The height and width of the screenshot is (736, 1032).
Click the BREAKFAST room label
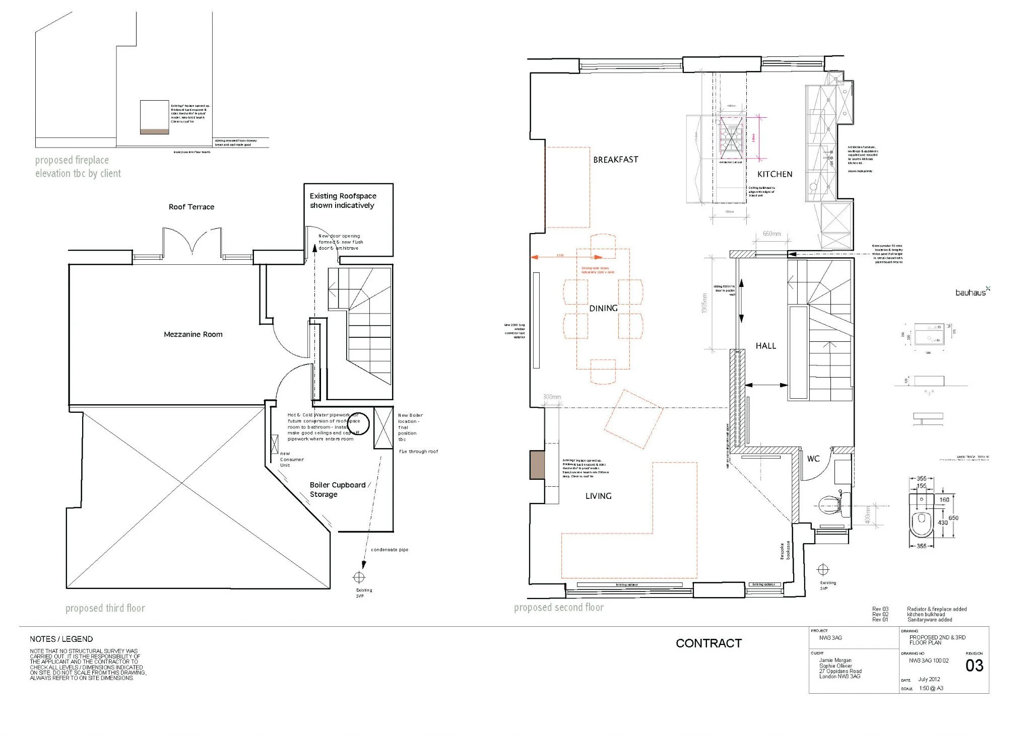(x=615, y=160)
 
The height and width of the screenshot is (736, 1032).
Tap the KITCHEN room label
(x=775, y=174)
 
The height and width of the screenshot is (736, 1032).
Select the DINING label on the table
(x=603, y=308)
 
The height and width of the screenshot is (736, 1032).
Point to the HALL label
(x=765, y=346)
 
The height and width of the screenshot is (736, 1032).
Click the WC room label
(x=813, y=459)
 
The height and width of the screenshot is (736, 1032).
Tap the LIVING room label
(x=598, y=496)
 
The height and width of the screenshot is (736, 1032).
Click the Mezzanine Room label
(x=193, y=334)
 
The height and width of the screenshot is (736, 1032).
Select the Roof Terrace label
(x=191, y=207)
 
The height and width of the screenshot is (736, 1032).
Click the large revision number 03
(x=974, y=666)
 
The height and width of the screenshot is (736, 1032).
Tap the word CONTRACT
(x=708, y=643)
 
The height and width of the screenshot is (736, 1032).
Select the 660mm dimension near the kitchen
(x=771, y=234)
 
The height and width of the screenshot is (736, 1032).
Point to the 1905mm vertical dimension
(x=704, y=303)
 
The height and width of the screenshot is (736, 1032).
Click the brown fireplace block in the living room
(x=534, y=465)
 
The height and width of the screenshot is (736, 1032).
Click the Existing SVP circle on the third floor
(x=359, y=577)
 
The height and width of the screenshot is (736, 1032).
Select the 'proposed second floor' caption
(x=558, y=608)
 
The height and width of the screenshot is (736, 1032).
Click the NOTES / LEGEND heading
(x=61, y=639)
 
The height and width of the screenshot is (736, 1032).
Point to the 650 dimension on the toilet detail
(x=953, y=518)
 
